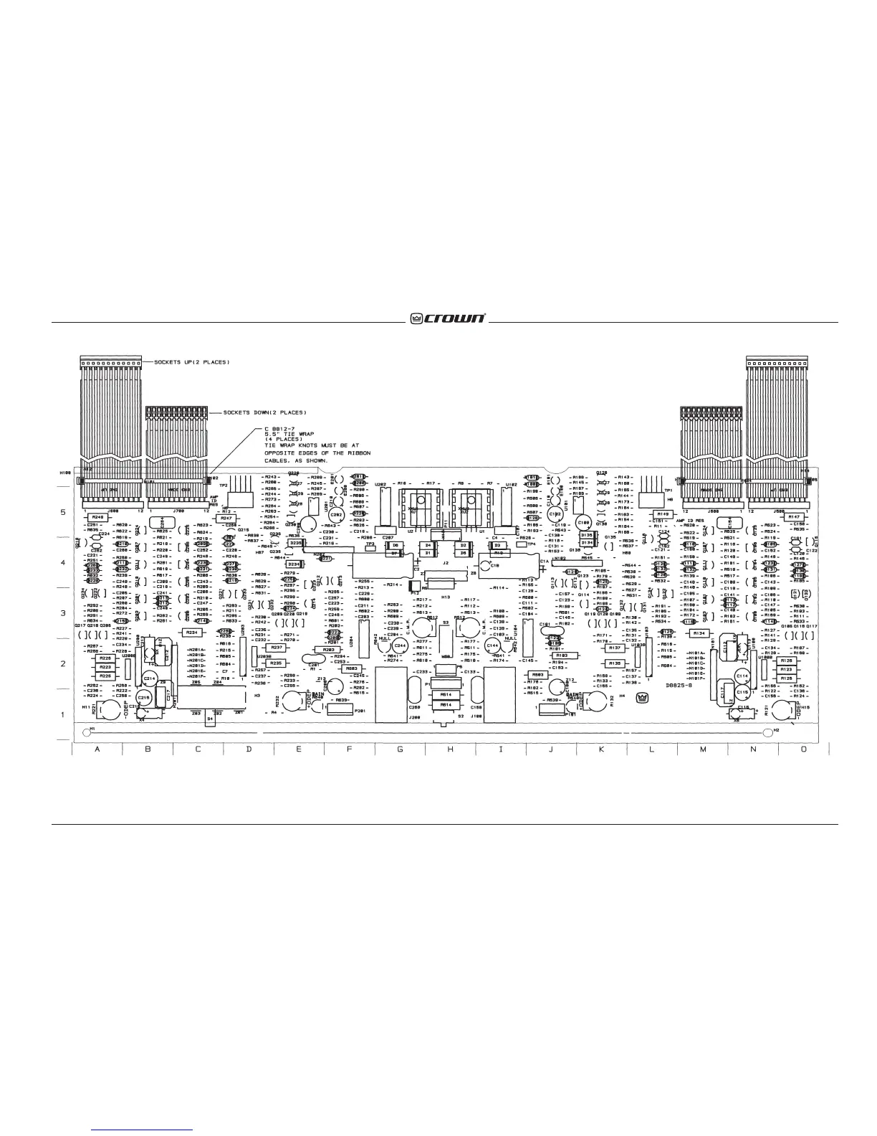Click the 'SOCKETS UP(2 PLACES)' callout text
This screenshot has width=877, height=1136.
(x=192, y=362)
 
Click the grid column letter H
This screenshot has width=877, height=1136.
(x=450, y=749)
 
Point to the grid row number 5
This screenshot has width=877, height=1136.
(x=62, y=513)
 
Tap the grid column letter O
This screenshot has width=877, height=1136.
(x=803, y=749)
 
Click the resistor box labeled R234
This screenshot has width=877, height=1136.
(x=191, y=633)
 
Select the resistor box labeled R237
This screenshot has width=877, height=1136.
(x=279, y=647)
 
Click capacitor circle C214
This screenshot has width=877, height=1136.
(x=150, y=678)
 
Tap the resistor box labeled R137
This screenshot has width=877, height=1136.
(x=614, y=648)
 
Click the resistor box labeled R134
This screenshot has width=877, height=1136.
(x=700, y=633)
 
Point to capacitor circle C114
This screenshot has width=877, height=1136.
(x=742, y=676)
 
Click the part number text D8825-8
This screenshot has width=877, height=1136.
(x=679, y=685)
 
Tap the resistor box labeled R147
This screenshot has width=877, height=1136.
(x=793, y=517)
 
